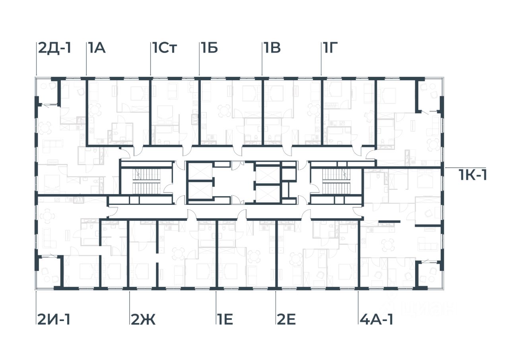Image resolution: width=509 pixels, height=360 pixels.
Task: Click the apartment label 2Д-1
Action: click(x=54, y=49)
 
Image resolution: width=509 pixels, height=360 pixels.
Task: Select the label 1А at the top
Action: click(x=96, y=49)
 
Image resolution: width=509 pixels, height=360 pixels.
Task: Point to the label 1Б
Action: click(x=209, y=49)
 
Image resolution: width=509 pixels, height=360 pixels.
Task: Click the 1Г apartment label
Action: click(x=330, y=49)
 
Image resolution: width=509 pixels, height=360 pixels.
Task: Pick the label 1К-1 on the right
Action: click(x=473, y=175)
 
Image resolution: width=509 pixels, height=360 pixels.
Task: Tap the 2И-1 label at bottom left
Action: click(x=54, y=319)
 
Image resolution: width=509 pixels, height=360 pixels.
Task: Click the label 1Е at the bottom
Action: click(x=225, y=319)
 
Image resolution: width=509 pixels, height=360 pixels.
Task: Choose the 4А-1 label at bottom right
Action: click(x=376, y=319)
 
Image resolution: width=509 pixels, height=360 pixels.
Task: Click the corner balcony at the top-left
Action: click(x=47, y=92)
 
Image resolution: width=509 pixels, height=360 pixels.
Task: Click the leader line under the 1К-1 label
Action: click(x=463, y=168)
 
